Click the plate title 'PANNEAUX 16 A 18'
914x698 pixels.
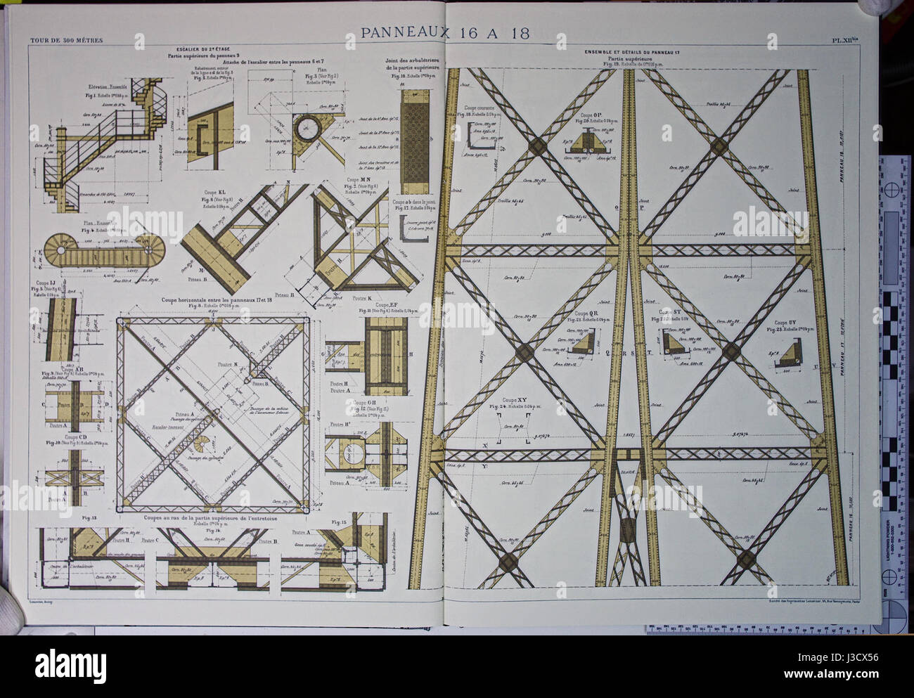click(445, 33)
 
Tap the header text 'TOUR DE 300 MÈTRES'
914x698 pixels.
click(66, 40)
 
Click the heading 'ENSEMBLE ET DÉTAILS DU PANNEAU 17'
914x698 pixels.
click(631, 53)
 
